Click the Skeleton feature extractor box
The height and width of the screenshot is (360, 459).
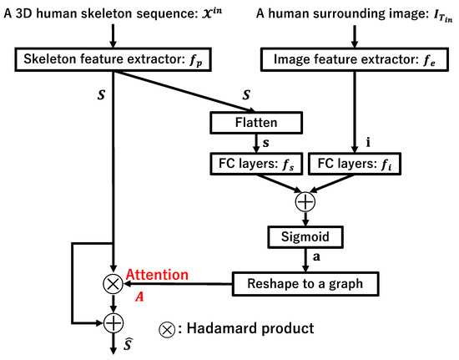[117, 59]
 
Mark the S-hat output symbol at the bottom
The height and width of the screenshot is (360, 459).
[127, 344]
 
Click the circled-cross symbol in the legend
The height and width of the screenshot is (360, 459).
[167, 328]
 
